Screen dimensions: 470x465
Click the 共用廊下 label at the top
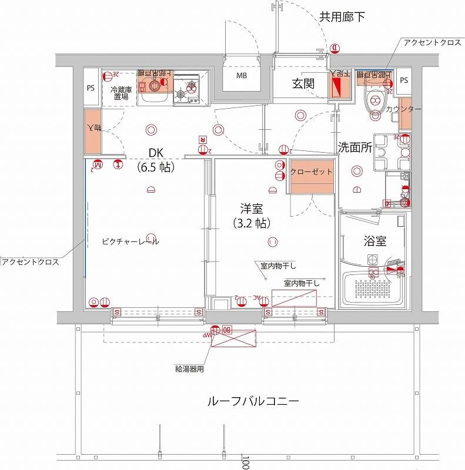click(342, 16)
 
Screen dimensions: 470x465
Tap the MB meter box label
click(242, 76)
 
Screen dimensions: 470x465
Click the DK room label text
click(155, 153)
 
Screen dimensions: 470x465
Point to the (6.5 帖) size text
click(155, 167)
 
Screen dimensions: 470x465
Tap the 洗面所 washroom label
click(355, 148)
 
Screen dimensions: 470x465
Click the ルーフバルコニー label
click(253, 402)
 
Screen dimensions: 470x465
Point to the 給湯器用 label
click(189, 370)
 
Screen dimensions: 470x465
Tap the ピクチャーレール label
click(131, 241)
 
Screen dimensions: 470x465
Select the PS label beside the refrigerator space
click(91, 89)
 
